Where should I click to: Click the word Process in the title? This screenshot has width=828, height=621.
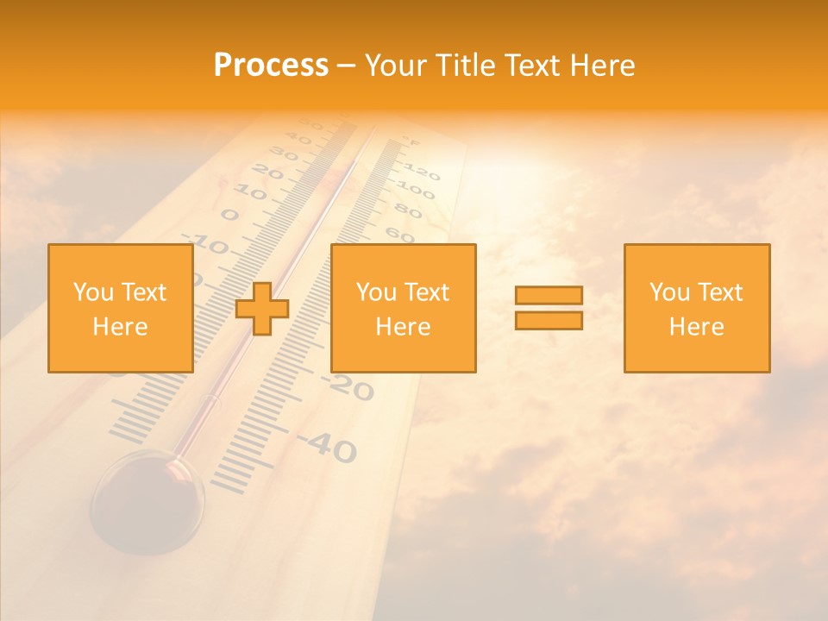[x=271, y=66]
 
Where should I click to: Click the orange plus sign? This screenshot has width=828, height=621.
[x=262, y=309]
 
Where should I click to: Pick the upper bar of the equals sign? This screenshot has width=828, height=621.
[x=549, y=296]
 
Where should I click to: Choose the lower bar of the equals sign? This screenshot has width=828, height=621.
[x=549, y=320]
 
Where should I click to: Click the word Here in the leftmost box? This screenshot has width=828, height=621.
[x=120, y=327]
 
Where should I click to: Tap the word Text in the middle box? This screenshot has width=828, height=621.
[x=427, y=292]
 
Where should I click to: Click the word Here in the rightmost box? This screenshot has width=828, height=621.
[x=696, y=327]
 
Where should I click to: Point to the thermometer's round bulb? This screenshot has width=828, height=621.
[x=147, y=500]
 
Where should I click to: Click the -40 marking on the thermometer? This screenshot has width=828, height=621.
[x=329, y=445]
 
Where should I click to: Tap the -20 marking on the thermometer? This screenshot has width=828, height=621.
[x=350, y=388]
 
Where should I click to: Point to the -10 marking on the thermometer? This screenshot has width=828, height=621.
[x=207, y=244]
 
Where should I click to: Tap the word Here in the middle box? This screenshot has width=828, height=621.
[x=403, y=327]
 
